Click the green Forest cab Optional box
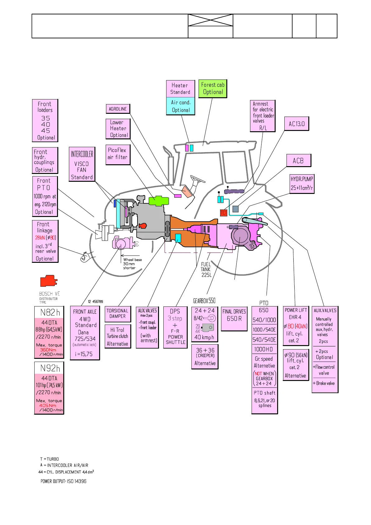(x=213, y=89)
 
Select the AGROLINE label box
(x=118, y=109)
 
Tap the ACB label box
(x=298, y=161)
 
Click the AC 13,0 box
(x=296, y=124)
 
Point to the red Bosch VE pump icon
(x=49, y=281)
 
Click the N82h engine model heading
(x=49, y=312)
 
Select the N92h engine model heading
(x=49, y=368)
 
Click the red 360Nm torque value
(x=48, y=350)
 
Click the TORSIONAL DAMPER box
(x=118, y=314)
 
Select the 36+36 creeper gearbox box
(x=205, y=357)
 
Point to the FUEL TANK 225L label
(x=206, y=269)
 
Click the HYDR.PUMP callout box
(x=302, y=184)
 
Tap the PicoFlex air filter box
(x=118, y=154)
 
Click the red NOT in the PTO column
(x=258, y=373)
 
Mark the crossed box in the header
(x=210, y=20)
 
